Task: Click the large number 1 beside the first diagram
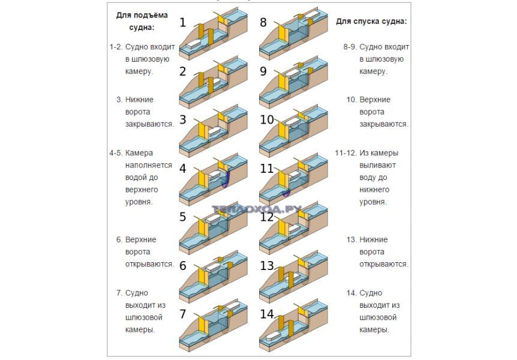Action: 183,23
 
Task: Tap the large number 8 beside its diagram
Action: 263,23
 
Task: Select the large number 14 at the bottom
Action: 267,313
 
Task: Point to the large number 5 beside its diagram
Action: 183,217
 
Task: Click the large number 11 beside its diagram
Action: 266,169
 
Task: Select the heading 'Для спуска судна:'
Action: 371,21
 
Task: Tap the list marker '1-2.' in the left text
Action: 116,47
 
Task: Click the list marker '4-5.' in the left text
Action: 116,153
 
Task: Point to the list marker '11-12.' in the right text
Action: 345,153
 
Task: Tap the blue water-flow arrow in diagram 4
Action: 227,179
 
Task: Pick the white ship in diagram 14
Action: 273,337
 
